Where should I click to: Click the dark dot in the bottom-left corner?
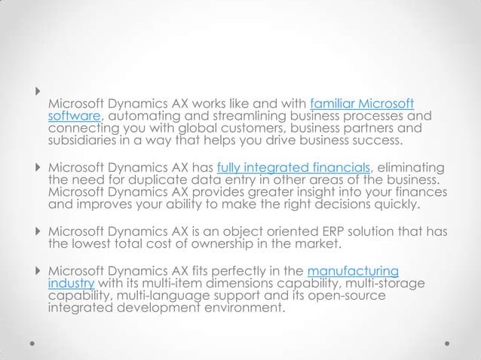[x=32, y=340]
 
